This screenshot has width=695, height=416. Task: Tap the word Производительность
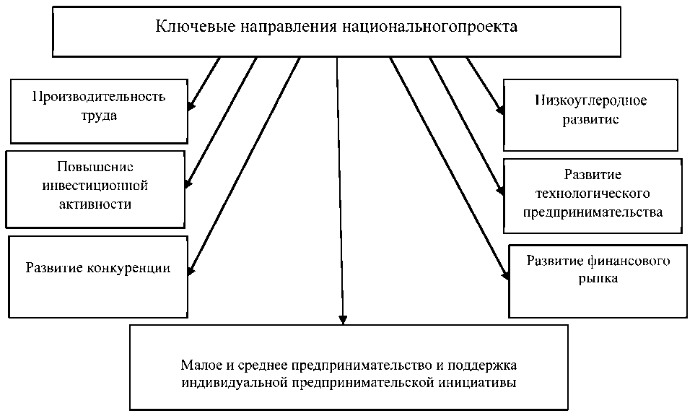coord(99,96)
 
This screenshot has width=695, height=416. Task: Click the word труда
coord(98,115)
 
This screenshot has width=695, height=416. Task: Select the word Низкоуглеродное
coord(591,100)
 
